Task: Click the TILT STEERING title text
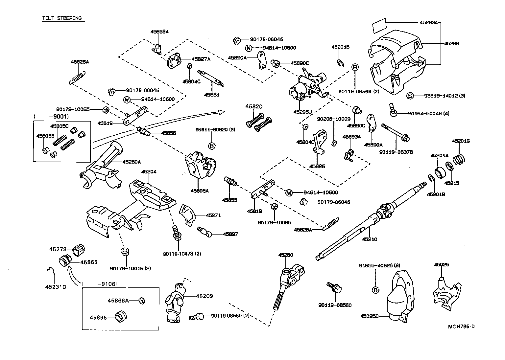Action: pyautogui.click(x=62, y=18)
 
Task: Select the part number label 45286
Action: pyautogui.click(x=451, y=43)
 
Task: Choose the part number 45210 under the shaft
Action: pyautogui.click(x=370, y=239)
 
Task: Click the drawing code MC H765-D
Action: pyautogui.click(x=461, y=326)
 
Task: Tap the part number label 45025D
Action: pyautogui.click(x=369, y=316)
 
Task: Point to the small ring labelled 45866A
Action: pyautogui.click(x=141, y=300)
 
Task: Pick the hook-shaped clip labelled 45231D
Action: pyautogui.click(x=51, y=271)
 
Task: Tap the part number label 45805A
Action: pyautogui.click(x=200, y=191)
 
